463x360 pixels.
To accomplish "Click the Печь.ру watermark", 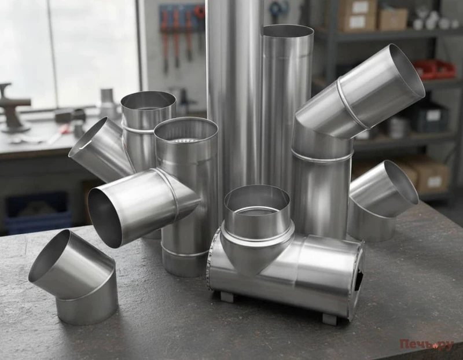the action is pyautogui.click(x=427, y=344).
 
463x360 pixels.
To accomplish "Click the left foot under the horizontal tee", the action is pyautogui.click(x=227, y=296).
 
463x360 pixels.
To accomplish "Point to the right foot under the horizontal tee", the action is pyautogui.click(x=329, y=319).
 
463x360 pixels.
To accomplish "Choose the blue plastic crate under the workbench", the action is pyautogui.click(x=38, y=212).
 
